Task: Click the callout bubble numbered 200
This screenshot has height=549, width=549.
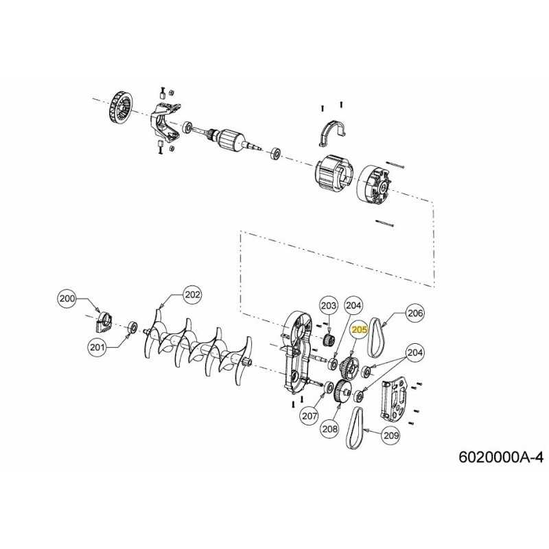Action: (67, 299)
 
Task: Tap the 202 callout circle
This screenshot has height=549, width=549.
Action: (192, 295)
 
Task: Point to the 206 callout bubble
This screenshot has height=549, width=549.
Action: (415, 313)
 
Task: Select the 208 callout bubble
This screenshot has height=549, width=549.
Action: (330, 429)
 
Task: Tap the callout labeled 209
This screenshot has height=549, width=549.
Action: (391, 434)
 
